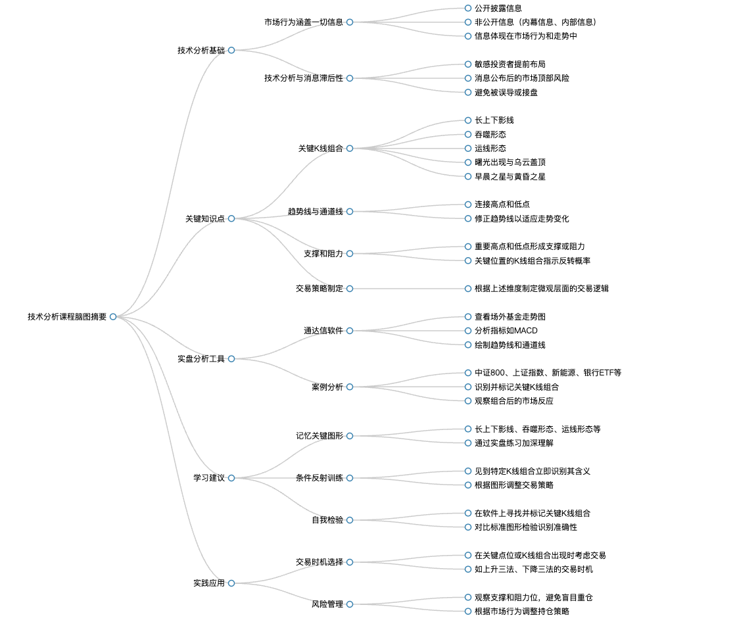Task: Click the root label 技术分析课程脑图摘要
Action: coord(67,317)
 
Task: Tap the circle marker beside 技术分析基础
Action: coord(231,51)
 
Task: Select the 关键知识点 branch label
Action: coord(205,219)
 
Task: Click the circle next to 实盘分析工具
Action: coord(231,359)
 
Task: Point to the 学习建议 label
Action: coord(209,478)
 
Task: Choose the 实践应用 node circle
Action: coord(231,583)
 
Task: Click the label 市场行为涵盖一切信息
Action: coord(304,22)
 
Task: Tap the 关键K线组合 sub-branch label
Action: coord(321,149)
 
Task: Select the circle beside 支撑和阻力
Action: coord(350,254)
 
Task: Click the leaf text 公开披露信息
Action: coord(498,9)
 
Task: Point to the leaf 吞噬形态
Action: coord(490,135)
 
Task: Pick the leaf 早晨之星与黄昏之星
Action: coord(510,177)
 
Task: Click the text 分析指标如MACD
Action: coord(506,331)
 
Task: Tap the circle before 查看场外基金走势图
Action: coord(467,317)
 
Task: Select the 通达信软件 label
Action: coord(323,331)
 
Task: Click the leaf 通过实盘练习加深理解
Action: coord(514,443)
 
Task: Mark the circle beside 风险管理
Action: coord(350,604)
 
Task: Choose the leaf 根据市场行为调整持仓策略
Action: coord(522,612)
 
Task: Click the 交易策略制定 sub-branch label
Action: coord(320,289)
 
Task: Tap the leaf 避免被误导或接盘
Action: coord(506,93)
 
